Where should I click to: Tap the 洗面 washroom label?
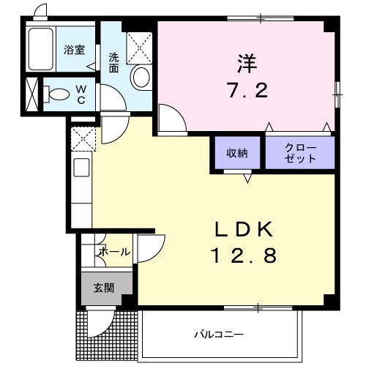pos(115,62)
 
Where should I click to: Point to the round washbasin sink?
pos(140,76)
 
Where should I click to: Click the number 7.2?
pos(247,92)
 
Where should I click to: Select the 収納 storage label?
pos(236,153)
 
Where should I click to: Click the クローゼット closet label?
pos(300,153)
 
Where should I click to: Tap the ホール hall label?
pos(115,251)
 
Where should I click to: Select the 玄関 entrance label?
pos(103,287)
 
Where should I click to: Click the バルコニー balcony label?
pos(219,335)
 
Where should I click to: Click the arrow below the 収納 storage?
pos(247,178)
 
